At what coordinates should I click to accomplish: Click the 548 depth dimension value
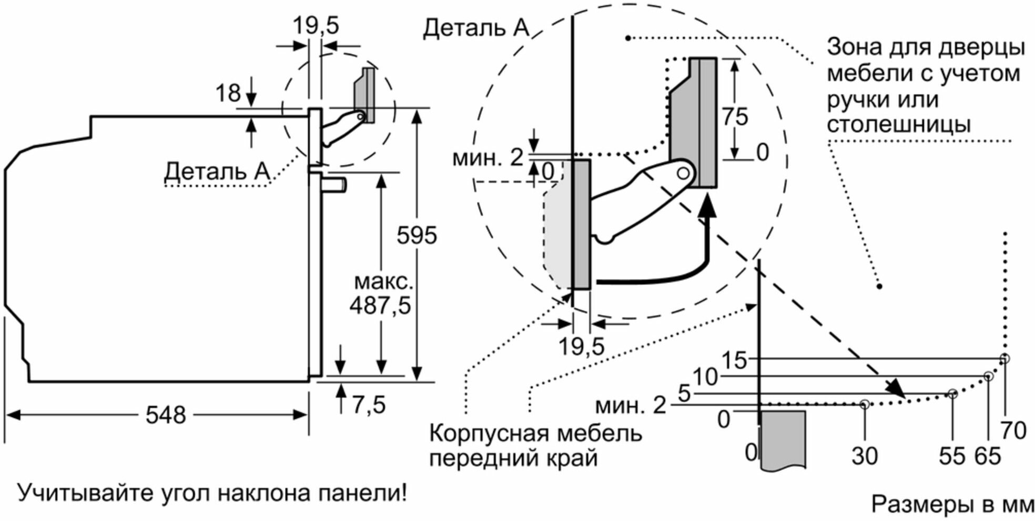[x=166, y=415]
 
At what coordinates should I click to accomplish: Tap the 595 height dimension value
[x=417, y=235]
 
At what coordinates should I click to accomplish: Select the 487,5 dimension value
[x=380, y=305]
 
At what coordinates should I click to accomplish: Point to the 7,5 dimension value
[x=369, y=405]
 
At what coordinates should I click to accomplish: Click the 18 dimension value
[x=228, y=94]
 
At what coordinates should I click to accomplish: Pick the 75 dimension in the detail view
[x=734, y=116]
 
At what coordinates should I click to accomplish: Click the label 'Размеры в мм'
[x=952, y=504]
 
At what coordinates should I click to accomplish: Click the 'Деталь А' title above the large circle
[x=475, y=27]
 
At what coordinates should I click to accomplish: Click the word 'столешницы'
[x=899, y=124]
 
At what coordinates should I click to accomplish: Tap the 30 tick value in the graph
[x=865, y=456]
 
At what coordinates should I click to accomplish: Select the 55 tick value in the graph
[x=952, y=456]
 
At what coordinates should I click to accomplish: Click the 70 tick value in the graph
[x=1013, y=430]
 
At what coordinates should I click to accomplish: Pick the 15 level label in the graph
[x=734, y=360]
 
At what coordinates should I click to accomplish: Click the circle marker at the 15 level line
[x=1005, y=359]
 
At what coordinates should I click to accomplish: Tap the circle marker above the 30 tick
[x=865, y=404]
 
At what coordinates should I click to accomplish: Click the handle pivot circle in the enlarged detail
[x=683, y=173]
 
